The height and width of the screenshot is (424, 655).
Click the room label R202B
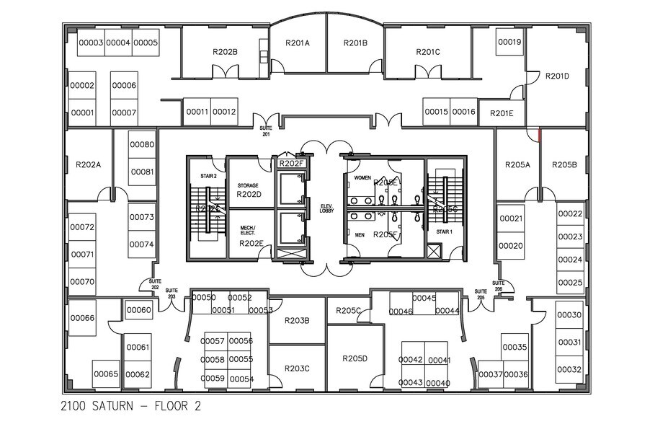click(x=225, y=52)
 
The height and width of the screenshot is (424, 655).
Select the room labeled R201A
click(x=298, y=43)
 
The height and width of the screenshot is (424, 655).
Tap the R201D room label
click(x=557, y=76)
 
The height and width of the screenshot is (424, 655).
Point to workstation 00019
click(x=509, y=43)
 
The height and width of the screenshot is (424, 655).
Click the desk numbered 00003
click(x=92, y=43)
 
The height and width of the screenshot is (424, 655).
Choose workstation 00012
click(x=224, y=112)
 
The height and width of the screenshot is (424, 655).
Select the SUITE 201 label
click(x=267, y=132)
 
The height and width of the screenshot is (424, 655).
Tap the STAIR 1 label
click(x=443, y=232)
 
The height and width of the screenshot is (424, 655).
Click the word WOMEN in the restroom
click(x=362, y=177)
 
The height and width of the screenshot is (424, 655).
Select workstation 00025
click(x=570, y=282)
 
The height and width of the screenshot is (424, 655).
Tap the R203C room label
click(x=297, y=368)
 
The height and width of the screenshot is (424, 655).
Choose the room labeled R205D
click(x=355, y=358)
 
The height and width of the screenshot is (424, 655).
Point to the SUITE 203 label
click(x=171, y=293)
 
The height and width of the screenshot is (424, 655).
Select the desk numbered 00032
click(x=569, y=369)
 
